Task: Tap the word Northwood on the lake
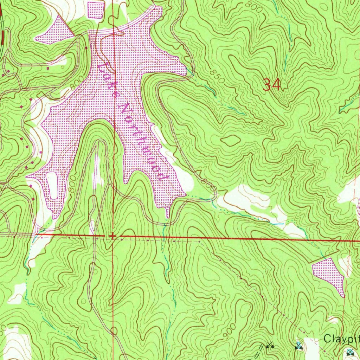pos(142,141)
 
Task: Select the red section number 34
pos(272,85)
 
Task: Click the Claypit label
pos(341,339)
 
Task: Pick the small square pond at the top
pos(96,10)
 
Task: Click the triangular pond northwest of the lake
pos(55,31)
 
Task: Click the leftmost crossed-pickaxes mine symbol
pos(270,346)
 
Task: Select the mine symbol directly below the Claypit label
pos(350,351)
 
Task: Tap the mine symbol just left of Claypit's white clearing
pos(298,346)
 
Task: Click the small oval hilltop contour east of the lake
pos(230,141)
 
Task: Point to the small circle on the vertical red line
pos(114,330)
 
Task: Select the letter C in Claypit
pos(327,339)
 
